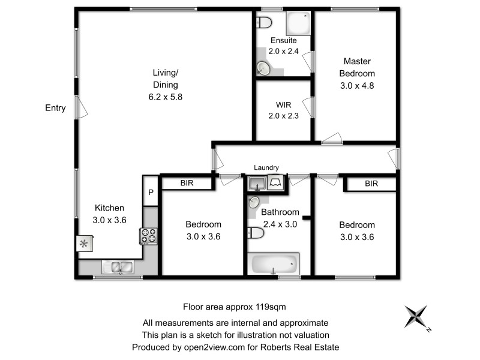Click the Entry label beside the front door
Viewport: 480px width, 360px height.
pos(55,108)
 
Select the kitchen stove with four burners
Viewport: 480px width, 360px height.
pos(148,236)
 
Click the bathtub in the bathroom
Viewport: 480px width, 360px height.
pos(274,263)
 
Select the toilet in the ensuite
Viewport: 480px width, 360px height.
pos(264,23)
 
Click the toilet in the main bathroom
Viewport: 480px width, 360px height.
pos(254,232)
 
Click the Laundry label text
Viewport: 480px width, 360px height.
pos(266,168)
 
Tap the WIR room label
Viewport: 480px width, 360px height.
pos(283,106)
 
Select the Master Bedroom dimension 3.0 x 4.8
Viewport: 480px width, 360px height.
pos(357,85)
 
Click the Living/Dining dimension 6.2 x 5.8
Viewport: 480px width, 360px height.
pos(165,96)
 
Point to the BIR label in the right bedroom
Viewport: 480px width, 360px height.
pos(371,184)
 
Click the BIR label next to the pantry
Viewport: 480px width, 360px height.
pos(187,184)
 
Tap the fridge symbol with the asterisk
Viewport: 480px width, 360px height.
pos(83,244)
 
